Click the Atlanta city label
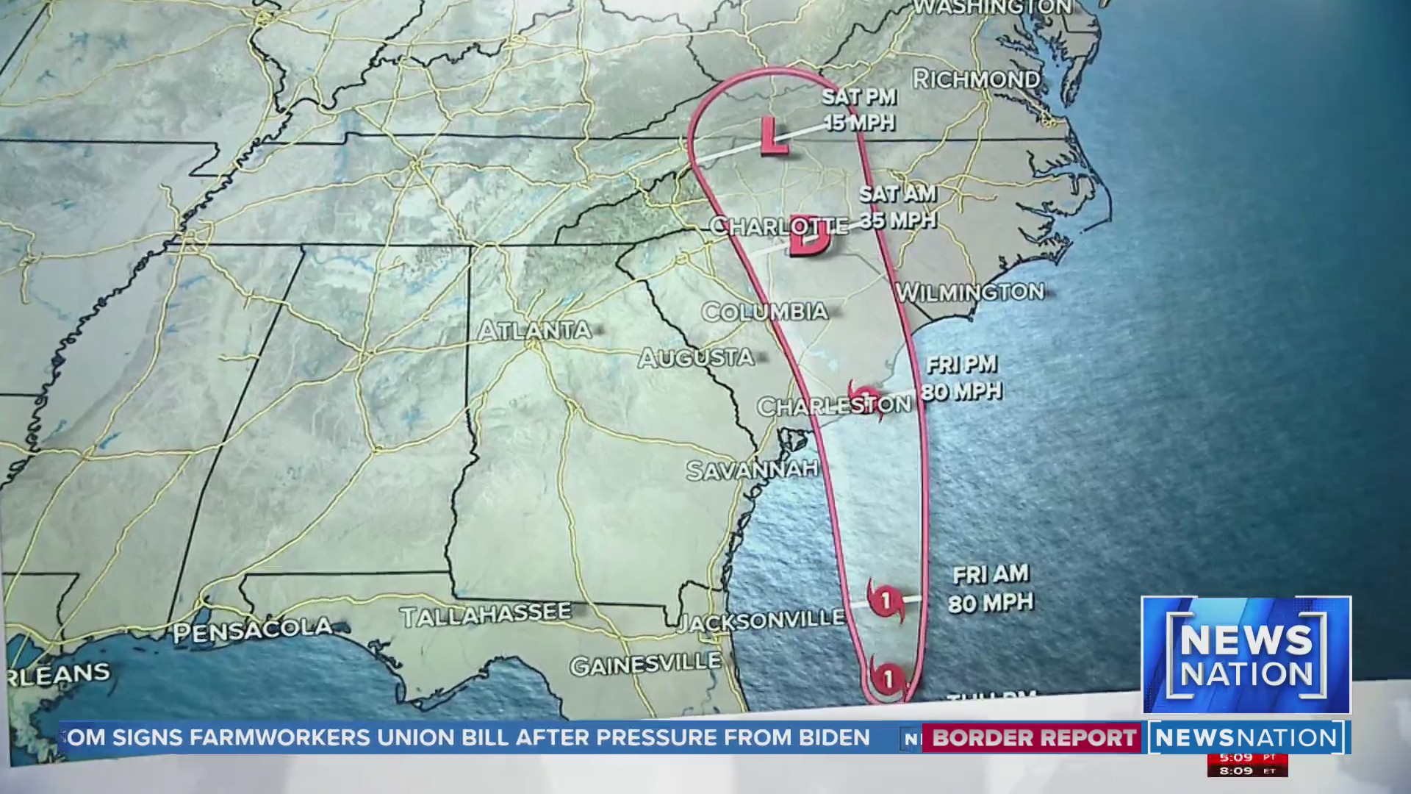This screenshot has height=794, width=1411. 534,331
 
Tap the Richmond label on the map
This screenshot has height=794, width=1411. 976,79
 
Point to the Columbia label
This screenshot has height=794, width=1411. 764,312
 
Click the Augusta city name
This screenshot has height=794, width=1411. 695,358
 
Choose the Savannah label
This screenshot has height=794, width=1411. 752,469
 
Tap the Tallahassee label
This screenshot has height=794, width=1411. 486,615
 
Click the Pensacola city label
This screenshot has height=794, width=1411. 253,631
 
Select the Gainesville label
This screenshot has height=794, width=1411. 645,665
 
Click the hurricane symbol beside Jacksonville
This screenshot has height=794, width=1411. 886,600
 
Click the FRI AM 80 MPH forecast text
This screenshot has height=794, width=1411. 991,589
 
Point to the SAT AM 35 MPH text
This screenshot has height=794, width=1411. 897,207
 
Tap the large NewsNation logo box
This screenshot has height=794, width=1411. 1246,655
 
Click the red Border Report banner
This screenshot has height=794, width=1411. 1033,738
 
